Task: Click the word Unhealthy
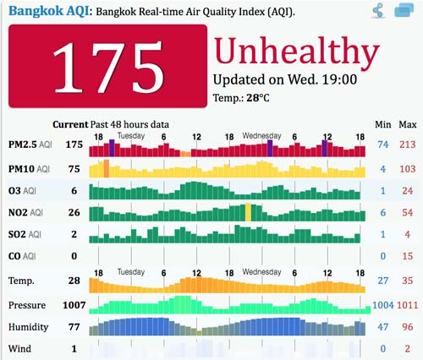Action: tap(291, 52)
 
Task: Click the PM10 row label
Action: tap(26, 168)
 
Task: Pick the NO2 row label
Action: tap(25, 213)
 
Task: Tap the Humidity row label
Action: tap(29, 326)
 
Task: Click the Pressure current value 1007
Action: tap(74, 303)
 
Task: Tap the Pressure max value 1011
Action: tap(407, 304)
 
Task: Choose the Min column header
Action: tap(382, 123)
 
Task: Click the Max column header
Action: tap(407, 123)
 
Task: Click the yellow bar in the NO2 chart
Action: tap(248, 212)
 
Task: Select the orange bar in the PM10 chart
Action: tap(107, 167)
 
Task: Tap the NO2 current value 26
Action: tap(74, 213)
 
